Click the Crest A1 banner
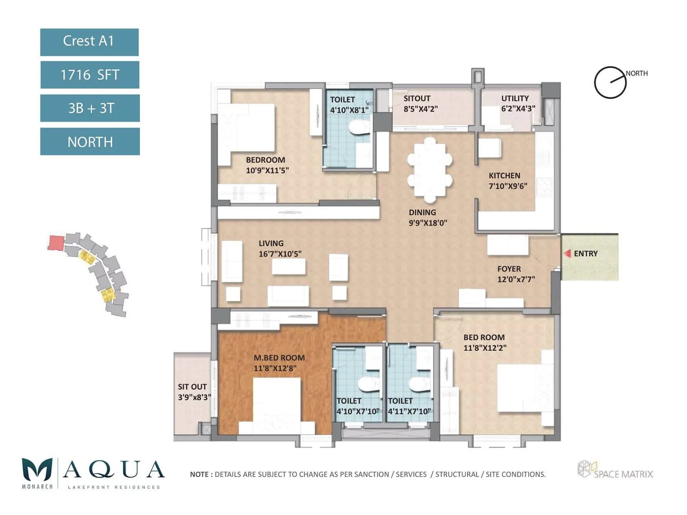point(89,42)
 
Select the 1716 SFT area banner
point(90,75)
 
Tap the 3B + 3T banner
point(90,108)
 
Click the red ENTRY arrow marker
point(567,254)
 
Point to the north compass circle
point(610,82)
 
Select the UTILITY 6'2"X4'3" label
point(518,103)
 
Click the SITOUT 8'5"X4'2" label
point(420,103)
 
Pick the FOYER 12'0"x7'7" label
point(516,274)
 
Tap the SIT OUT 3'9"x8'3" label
point(194,392)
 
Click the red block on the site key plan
point(56,242)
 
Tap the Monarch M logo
point(37,470)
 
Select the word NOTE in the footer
point(199,474)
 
